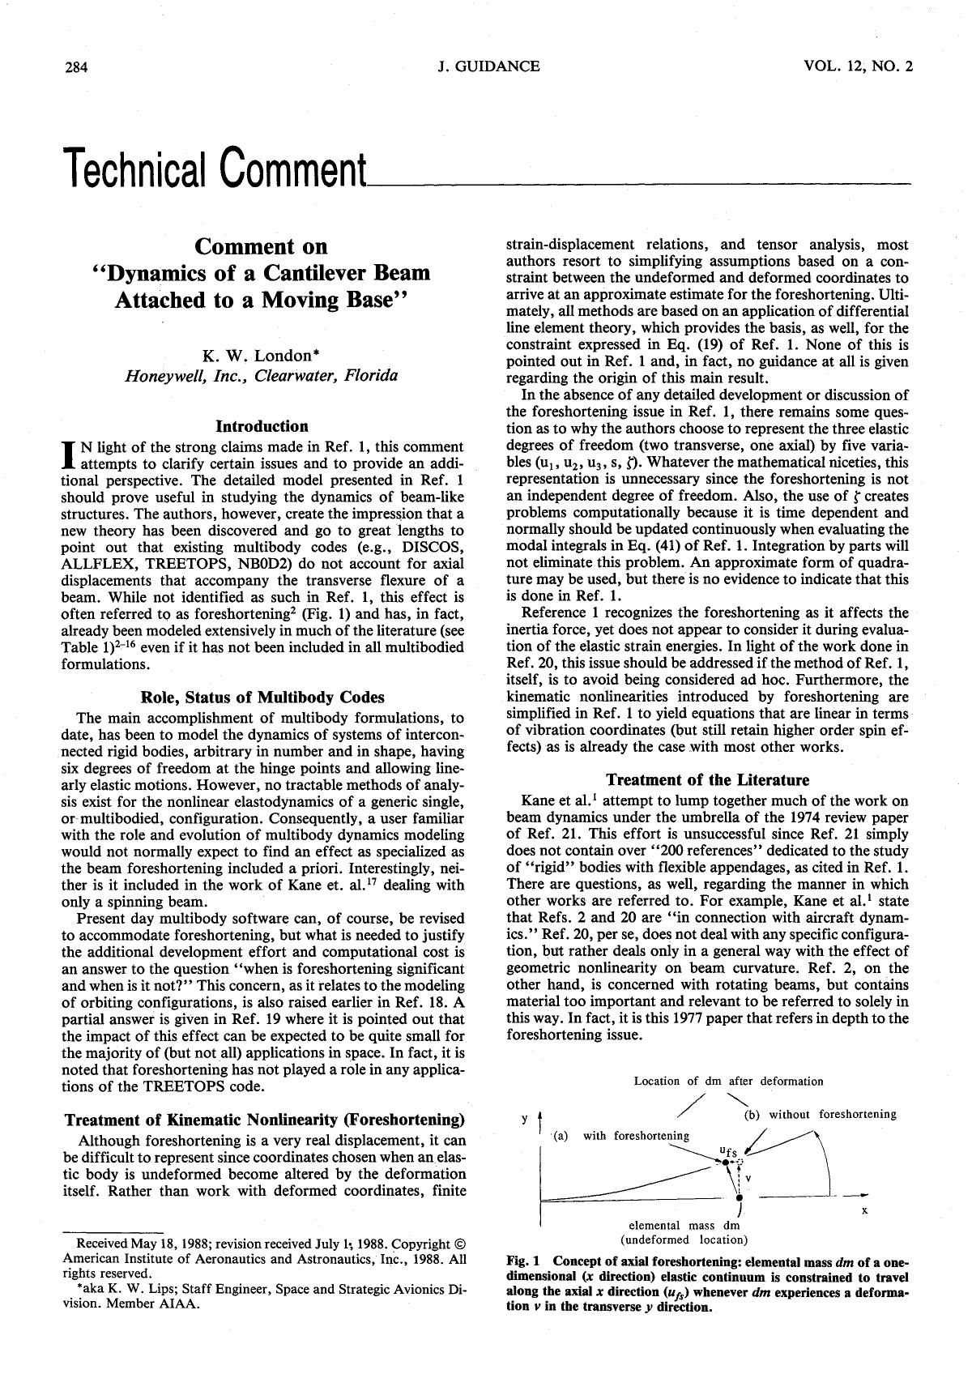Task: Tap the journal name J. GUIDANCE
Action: pyautogui.click(x=488, y=66)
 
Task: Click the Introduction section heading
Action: pyautogui.click(x=262, y=426)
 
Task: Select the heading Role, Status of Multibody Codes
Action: pyautogui.click(x=262, y=697)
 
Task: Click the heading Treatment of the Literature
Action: pyautogui.click(x=707, y=779)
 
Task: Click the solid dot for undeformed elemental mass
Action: pyautogui.click(x=738, y=1198)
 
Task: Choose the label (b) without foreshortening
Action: pyautogui.click(x=820, y=1114)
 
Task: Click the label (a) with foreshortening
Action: pyautogui.click(x=620, y=1135)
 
